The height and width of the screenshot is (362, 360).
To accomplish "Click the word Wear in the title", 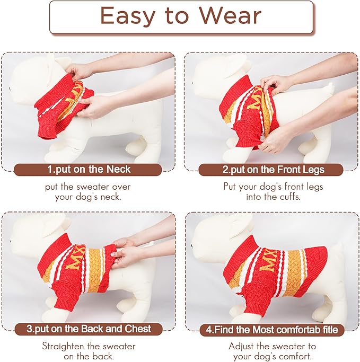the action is (230, 15).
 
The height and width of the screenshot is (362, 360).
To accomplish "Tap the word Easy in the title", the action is (128, 16).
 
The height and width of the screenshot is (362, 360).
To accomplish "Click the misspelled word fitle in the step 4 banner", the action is (330, 330).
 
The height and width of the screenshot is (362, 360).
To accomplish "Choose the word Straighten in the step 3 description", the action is (63, 346).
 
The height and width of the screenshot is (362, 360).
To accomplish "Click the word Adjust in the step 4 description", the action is (241, 346).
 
